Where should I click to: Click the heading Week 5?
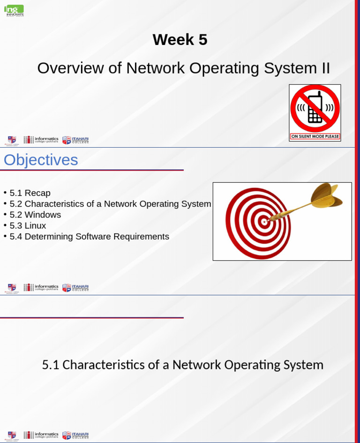(x=180, y=40)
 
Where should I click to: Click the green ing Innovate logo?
(x=14, y=10)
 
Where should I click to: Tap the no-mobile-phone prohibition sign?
(x=315, y=109)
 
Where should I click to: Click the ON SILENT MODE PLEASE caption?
(x=315, y=136)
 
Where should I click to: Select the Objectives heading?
(x=41, y=160)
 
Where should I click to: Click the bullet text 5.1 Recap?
(x=30, y=193)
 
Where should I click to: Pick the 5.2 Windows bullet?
(x=35, y=215)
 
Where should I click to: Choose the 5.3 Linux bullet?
(x=28, y=225)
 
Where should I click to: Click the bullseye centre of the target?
(x=264, y=221)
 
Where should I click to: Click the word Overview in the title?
(x=70, y=68)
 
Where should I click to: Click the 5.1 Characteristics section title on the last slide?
(x=182, y=365)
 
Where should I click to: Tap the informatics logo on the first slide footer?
(x=41, y=140)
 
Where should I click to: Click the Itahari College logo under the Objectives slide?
(x=75, y=287)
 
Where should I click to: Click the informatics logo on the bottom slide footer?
(x=41, y=435)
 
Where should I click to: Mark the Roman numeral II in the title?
(x=325, y=68)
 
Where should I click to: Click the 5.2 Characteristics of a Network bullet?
(x=110, y=204)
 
